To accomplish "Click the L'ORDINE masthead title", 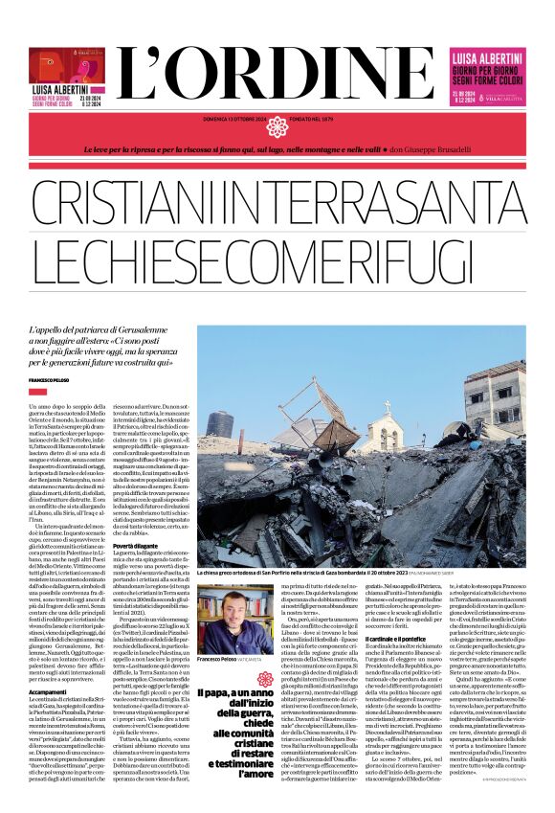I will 277,68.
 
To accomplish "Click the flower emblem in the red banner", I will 277,126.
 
